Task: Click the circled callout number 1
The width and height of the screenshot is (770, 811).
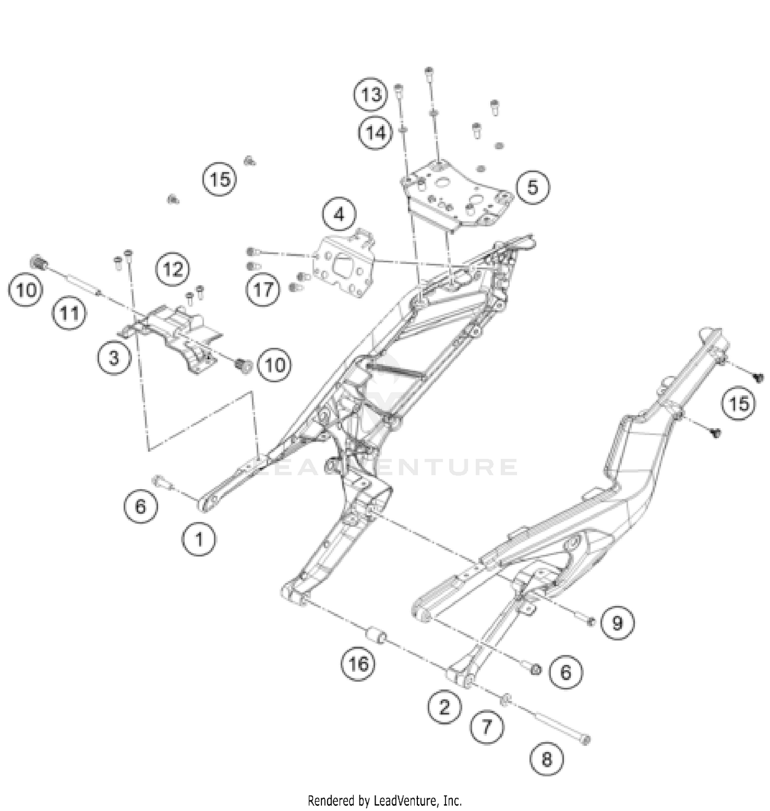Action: pos(199,539)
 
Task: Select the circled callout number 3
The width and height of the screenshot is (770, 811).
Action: pos(114,357)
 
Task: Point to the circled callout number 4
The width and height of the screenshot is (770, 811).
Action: pos(339,215)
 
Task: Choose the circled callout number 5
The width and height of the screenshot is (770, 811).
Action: pos(533,187)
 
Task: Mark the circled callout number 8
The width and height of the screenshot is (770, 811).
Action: pos(547,758)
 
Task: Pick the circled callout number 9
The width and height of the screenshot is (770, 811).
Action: pos(618,623)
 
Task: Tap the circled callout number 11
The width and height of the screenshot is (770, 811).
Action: pos(69,313)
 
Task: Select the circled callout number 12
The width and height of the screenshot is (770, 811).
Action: pos(173,268)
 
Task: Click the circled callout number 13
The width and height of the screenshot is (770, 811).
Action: pos(371,94)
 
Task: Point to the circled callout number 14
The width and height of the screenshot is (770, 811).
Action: pos(375,133)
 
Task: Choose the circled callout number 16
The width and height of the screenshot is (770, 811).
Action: pos(358,664)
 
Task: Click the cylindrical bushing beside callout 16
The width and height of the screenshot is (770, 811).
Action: pos(376,638)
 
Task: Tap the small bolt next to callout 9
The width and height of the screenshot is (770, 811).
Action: pos(590,622)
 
